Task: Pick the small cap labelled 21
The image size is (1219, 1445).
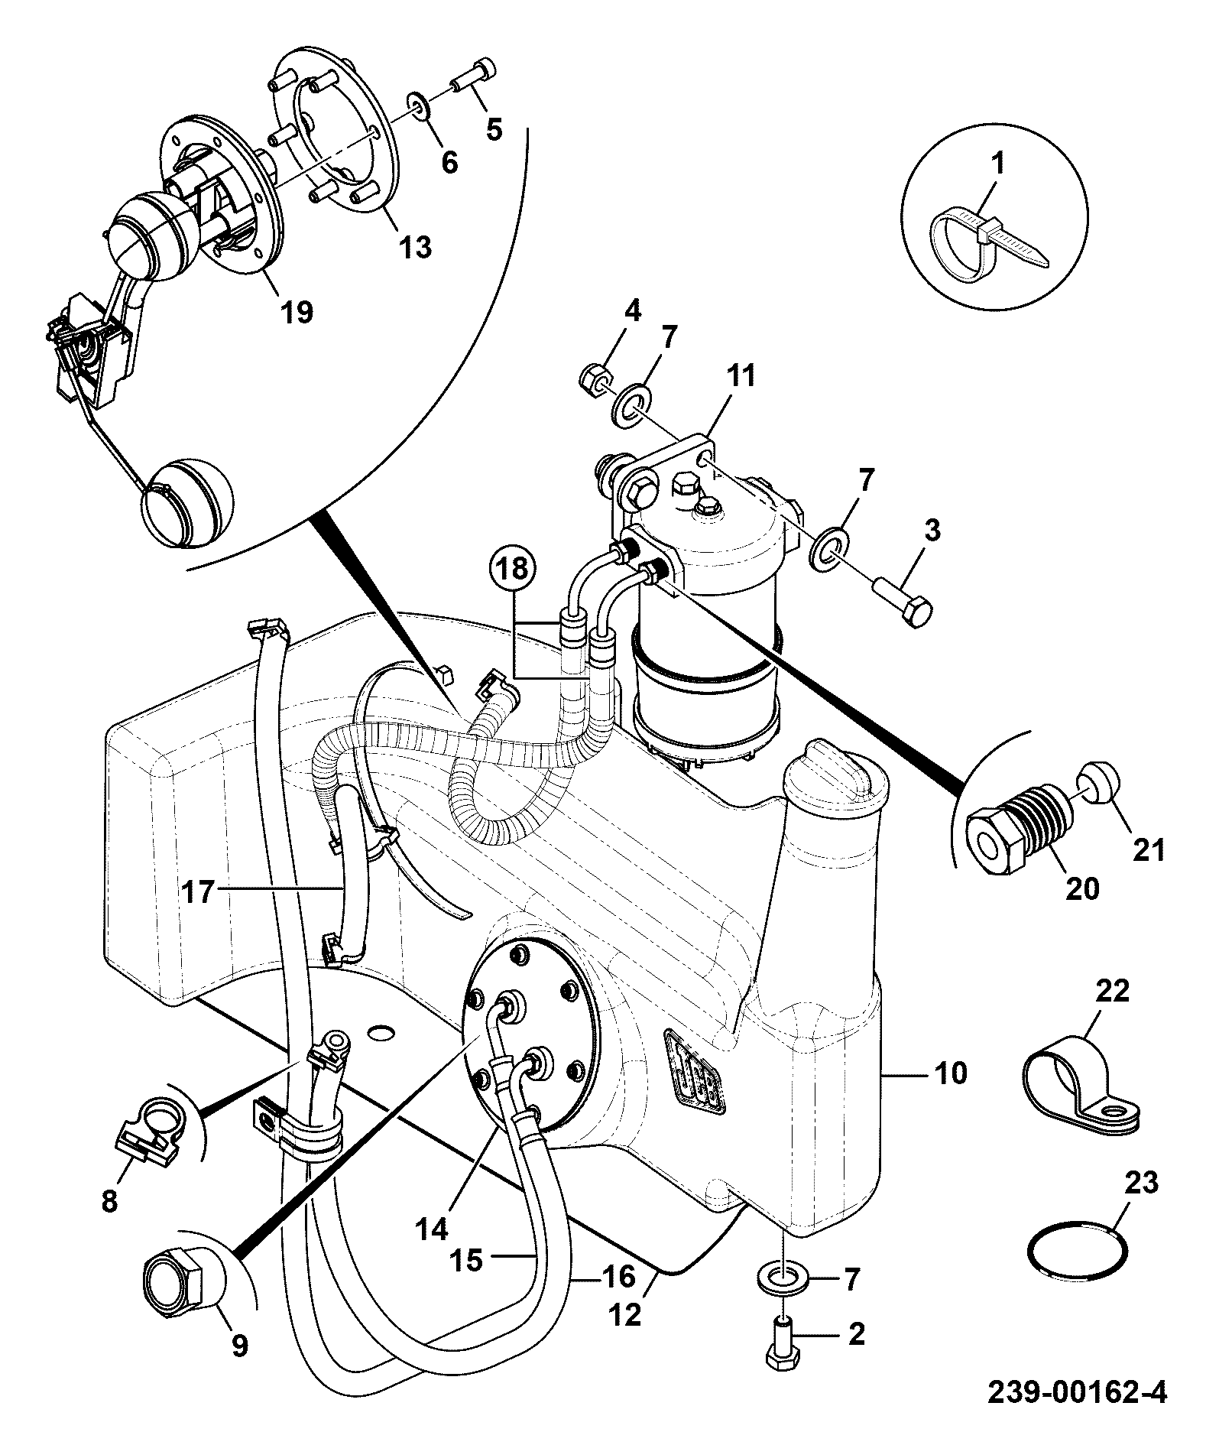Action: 1098,787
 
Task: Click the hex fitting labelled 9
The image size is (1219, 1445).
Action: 182,1288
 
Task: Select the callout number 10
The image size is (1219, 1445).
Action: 950,1073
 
